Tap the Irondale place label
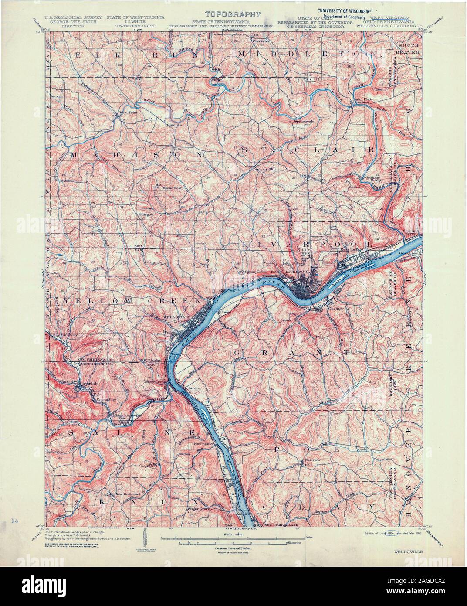tap(85, 384)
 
